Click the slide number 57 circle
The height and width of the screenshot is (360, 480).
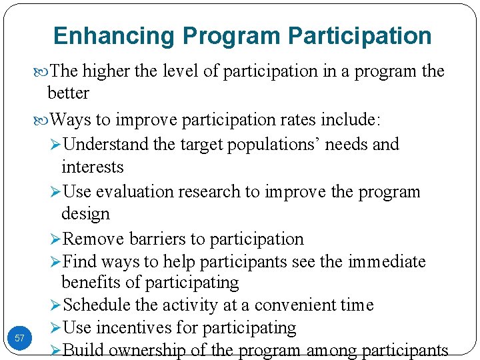[x=19, y=339]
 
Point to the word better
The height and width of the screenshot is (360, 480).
[x=68, y=93]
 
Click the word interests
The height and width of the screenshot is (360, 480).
[x=92, y=167]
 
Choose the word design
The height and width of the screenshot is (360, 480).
[x=85, y=214]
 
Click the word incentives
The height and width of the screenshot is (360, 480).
[x=128, y=327]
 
